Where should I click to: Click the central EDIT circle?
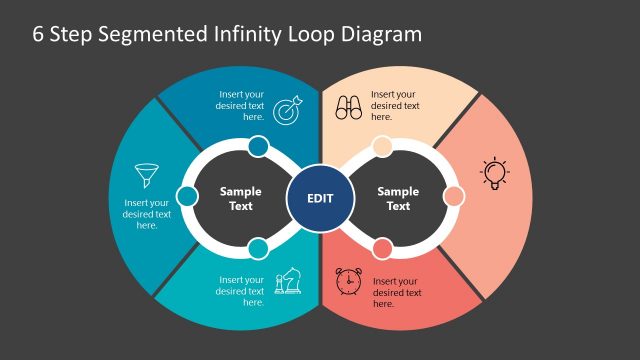320,197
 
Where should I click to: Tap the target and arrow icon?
286,107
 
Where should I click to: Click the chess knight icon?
286,281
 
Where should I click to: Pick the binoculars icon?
349,107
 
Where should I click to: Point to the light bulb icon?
494,172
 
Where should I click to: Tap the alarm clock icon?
349,281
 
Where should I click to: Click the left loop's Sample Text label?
241,198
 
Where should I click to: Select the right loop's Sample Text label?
398,198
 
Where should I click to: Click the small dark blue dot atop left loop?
257,147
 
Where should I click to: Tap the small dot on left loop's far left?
187,196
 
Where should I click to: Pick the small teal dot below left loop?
257,247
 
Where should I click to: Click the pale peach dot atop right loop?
382,147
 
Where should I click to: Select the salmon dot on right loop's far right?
452,196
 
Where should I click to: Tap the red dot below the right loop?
382,247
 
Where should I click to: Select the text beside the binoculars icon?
396,105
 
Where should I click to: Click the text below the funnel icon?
147,213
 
